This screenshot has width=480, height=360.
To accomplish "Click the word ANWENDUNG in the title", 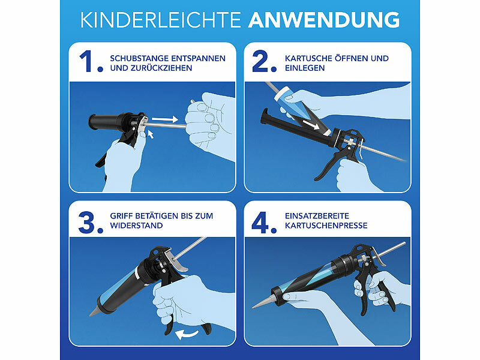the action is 324,20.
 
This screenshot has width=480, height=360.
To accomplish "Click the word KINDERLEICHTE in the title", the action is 161,20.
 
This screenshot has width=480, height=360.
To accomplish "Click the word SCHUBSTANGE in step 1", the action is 139,58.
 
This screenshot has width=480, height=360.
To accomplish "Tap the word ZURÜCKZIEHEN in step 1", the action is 161,68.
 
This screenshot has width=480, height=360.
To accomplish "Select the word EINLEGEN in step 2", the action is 305,68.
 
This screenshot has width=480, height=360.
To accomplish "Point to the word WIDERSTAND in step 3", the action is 137,226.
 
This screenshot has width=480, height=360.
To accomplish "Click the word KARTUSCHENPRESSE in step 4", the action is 326,226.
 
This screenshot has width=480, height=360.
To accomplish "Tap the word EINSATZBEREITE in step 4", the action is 317,216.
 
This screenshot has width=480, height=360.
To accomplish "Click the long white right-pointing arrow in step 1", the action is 164,119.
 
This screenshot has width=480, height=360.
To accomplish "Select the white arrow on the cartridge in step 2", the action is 311,125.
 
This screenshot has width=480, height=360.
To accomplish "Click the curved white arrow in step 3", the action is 187,334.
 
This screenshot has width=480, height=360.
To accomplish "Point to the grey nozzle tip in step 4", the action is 262,302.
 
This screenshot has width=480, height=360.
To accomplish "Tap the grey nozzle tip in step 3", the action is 94,311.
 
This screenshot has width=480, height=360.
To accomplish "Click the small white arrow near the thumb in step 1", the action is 151,134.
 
